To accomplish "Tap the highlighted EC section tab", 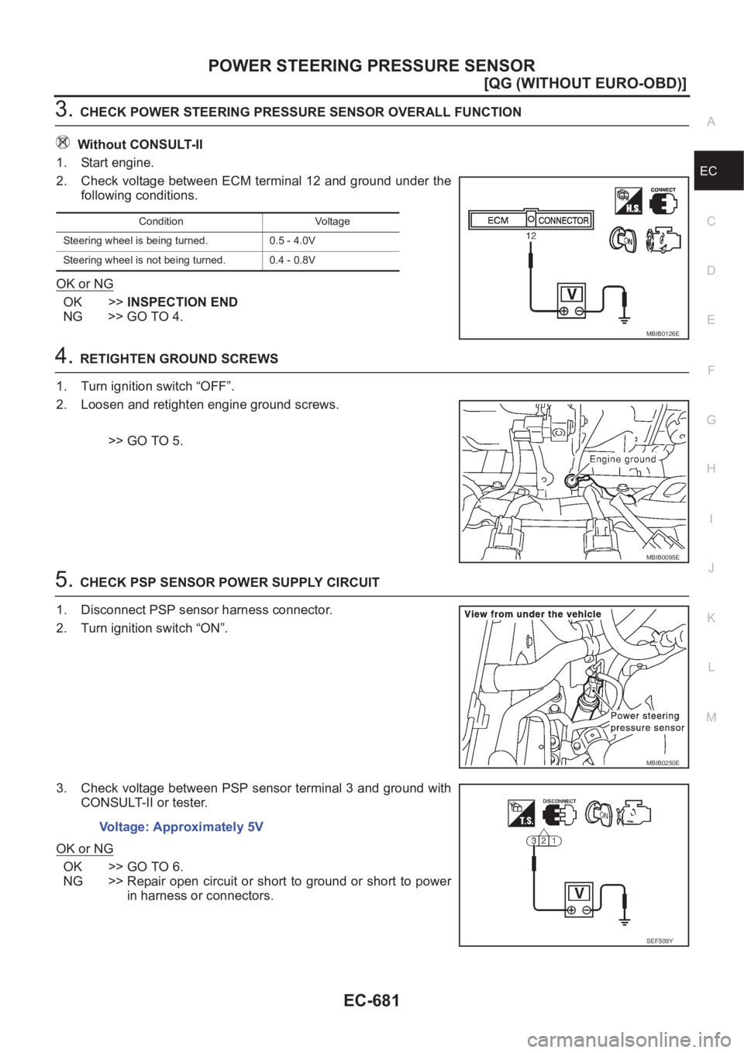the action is tap(718, 171).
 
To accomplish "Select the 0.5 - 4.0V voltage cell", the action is tap(292, 241).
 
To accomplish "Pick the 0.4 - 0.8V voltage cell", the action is tap(292, 261).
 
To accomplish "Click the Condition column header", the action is tap(161, 222).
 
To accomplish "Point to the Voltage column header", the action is tap(332, 222).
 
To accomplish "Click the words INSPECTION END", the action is tap(182, 302).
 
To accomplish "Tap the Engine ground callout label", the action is tap(622, 459).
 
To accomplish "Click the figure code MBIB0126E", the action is tap(663, 333).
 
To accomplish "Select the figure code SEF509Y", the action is tap(660, 941).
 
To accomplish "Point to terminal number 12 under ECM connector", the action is tap(530, 236).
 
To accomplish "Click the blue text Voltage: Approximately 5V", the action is tap(181, 827).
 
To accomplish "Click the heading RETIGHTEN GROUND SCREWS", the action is tap(179, 359).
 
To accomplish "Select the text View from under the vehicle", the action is tap(532, 614).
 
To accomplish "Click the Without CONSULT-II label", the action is tap(140, 144).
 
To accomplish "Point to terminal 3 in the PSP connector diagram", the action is tap(535, 841).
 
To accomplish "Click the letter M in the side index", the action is tap(711, 717).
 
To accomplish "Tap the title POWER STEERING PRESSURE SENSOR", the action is tap(371, 65).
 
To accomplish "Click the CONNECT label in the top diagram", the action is tap(663, 190).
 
